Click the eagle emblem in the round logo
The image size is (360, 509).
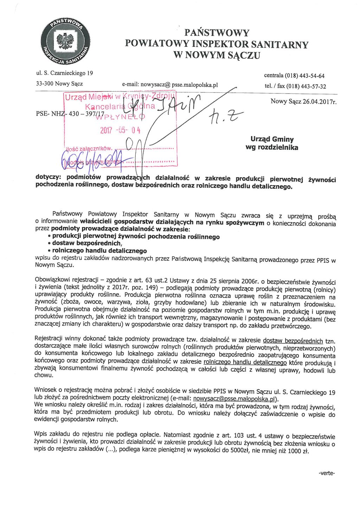[x=65, y=41]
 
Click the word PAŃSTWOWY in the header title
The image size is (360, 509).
[x=217, y=33]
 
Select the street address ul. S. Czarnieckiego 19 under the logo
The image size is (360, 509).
[x=65, y=73]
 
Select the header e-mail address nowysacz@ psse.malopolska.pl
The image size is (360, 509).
[x=170, y=85]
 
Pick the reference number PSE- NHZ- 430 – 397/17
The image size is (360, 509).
[x=70, y=114]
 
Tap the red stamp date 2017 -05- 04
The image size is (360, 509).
[x=120, y=130]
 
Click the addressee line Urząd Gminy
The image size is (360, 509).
[x=272, y=139]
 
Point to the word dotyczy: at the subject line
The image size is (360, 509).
[x=48, y=177]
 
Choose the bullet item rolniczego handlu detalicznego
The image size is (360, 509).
[x=99, y=251]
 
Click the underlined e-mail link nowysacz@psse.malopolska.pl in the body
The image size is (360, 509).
[x=235, y=399]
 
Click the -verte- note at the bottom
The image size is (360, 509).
[x=327, y=473]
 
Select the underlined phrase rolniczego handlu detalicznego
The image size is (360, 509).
[x=245, y=362]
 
